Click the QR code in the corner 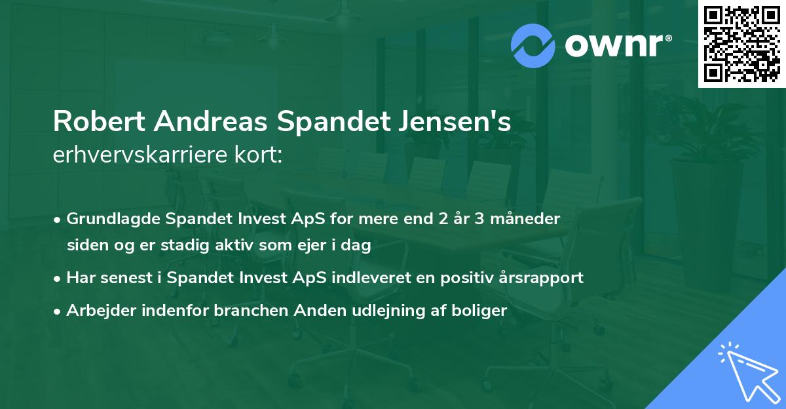pyautogui.click(x=741, y=43)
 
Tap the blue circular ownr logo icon pyautogui.click(x=533, y=46)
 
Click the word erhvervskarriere pyautogui.click(x=138, y=155)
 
